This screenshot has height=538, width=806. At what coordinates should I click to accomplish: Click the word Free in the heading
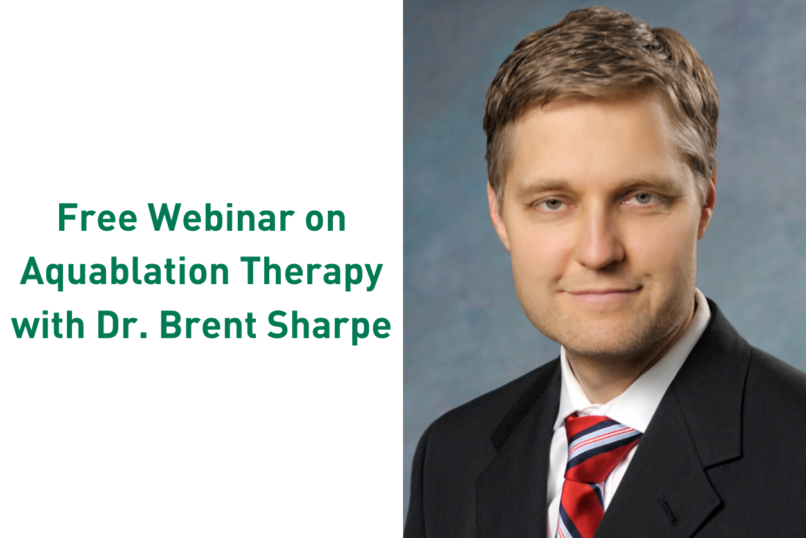98,217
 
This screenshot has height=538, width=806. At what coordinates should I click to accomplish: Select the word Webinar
221,217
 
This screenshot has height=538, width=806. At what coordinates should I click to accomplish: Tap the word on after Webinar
326,221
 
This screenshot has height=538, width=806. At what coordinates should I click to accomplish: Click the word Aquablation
125,273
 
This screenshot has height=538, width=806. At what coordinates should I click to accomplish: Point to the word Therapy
311,273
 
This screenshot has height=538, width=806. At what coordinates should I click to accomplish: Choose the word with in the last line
48,325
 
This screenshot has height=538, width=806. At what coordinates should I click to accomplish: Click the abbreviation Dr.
122,325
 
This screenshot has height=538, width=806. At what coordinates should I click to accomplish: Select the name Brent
208,325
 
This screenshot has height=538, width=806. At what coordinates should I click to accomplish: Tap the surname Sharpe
329,327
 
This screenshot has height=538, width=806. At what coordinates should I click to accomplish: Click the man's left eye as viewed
552,204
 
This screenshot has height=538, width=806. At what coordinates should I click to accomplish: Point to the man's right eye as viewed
643,198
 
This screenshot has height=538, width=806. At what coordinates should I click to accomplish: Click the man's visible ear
706,205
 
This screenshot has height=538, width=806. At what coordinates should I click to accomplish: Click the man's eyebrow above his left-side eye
547,188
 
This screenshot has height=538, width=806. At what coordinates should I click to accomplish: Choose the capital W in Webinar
164,217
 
